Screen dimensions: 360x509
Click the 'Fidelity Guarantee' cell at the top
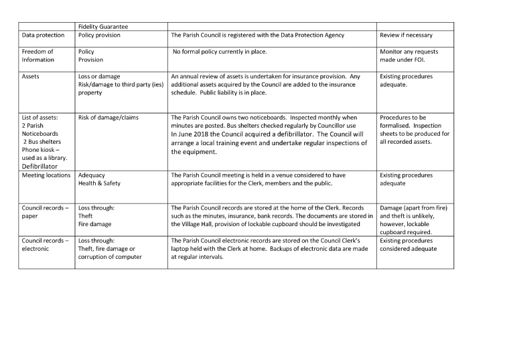[102, 26]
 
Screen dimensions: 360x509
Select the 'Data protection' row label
[43, 35]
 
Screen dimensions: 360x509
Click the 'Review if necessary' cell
[406, 35]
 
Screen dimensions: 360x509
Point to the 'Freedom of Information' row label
[38, 56]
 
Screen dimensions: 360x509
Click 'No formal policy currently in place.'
[224, 52]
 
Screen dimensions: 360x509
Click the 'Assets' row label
[31, 76]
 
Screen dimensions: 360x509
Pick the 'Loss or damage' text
[99, 76]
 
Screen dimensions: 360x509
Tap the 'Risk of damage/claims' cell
[108, 117]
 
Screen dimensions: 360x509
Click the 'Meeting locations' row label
[46, 175]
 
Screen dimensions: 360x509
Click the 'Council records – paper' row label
[45, 212]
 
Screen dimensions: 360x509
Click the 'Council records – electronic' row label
[45, 244]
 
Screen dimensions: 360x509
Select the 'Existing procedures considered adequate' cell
[408, 244]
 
